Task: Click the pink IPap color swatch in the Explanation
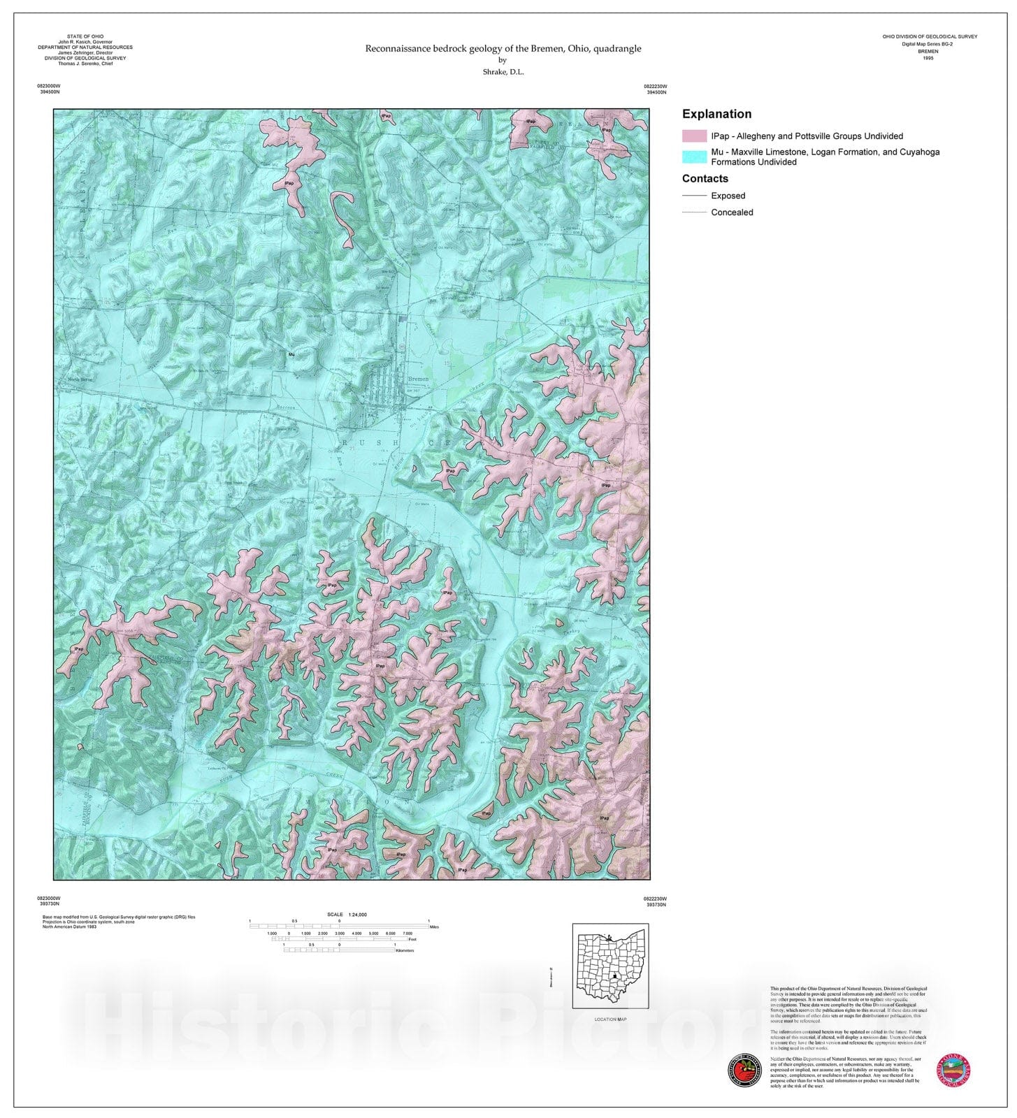(694, 136)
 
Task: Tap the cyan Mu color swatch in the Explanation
(694, 157)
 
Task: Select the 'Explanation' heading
(716, 114)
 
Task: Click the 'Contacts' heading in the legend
(705, 179)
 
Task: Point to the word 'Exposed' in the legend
(728, 196)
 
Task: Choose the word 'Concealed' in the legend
(732, 212)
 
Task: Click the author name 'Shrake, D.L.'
(503, 72)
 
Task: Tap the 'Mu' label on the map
(291, 355)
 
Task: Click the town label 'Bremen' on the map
(417, 379)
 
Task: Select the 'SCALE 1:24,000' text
(347, 915)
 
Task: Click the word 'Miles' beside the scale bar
(435, 927)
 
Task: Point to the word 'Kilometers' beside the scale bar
(405, 950)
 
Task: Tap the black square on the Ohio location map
(614, 976)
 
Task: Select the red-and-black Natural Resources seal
(744, 1070)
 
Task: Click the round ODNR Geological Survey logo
(953, 1070)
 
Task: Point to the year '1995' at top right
(928, 58)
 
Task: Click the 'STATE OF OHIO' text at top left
(85, 36)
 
